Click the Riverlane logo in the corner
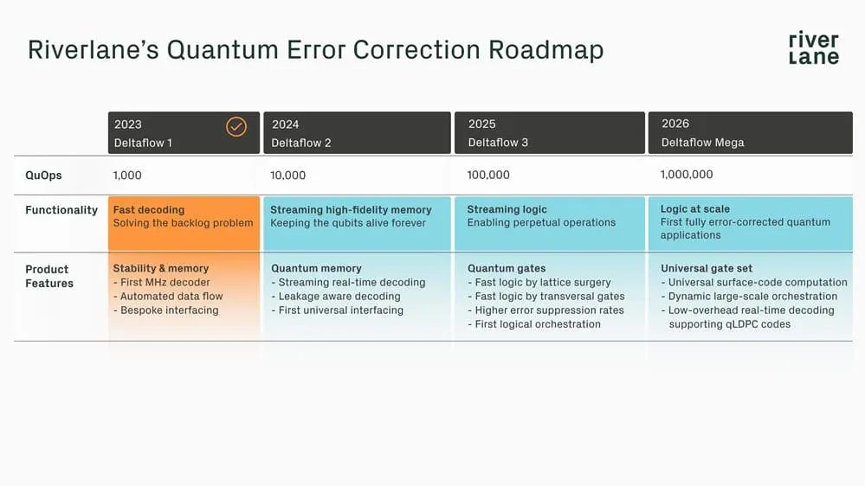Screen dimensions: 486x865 [x=813, y=48]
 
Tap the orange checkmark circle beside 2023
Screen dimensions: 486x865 [x=236, y=126]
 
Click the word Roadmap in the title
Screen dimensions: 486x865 [x=546, y=49]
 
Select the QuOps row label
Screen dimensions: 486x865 [x=43, y=175]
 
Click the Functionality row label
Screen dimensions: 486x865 [x=61, y=210]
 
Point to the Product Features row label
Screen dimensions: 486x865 [x=49, y=276]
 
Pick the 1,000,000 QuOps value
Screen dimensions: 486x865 [x=687, y=175]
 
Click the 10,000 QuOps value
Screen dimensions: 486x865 [x=287, y=175]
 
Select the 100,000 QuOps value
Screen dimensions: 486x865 [x=488, y=175]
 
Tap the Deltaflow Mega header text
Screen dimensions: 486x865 [x=702, y=143]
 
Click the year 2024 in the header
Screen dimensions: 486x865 [x=285, y=125]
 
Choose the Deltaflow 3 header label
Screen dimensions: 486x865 [x=498, y=143]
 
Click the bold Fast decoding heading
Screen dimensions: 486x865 [x=148, y=209]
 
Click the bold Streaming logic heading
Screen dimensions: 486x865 [x=507, y=209]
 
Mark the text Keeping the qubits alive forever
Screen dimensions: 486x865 [x=348, y=223]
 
